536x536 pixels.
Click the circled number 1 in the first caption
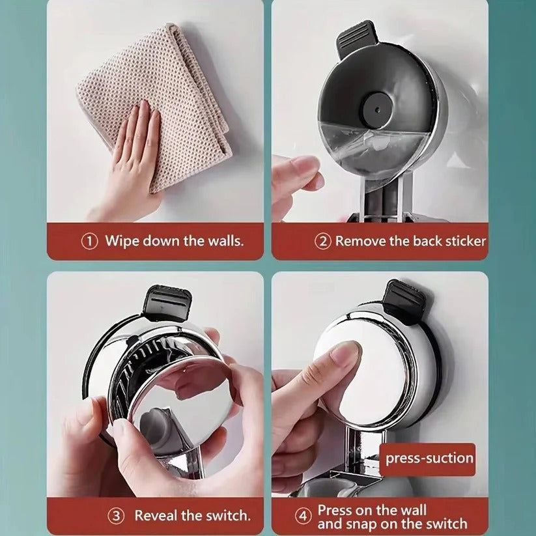pyautogui.click(x=89, y=241)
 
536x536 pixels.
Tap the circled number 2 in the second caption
pyautogui.click(x=324, y=241)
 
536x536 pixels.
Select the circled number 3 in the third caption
pyautogui.click(x=116, y=516)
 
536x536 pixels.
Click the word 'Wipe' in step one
pyautogui.click(x=122, y=241)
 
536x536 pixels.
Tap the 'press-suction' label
pyautogui.click(x=429, y=458)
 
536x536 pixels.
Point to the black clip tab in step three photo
pyautogui.click(x=168, y=303)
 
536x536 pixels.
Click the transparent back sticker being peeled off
pyautogui.click(x=365, y=150)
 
